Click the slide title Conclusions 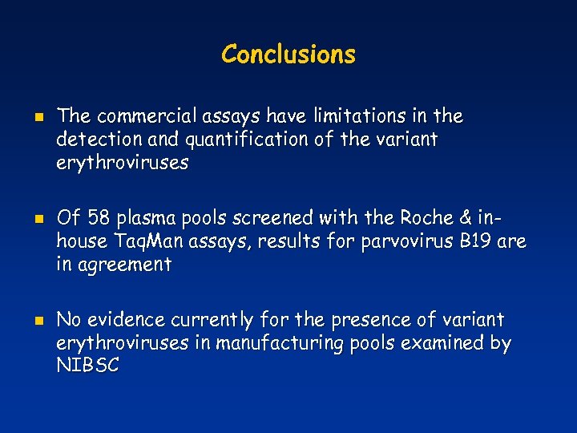[288, 55]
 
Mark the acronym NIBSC [88, 366]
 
